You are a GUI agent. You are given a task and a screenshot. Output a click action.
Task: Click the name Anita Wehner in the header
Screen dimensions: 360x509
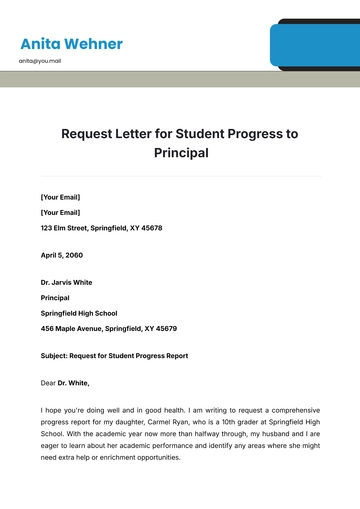(x=71, y=44)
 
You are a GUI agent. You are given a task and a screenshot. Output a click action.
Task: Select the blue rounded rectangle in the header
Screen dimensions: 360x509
(x=314, y=46)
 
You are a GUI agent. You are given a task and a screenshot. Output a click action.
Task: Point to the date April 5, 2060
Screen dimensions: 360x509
(x=62, y=256)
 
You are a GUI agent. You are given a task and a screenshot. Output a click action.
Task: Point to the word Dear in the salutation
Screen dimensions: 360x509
(x=48, y=383)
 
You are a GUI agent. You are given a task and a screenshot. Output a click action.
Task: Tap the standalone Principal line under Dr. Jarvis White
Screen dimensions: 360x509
(x=55, y=298)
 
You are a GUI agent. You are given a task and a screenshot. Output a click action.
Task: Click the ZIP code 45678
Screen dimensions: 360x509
(x=149, y=228)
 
